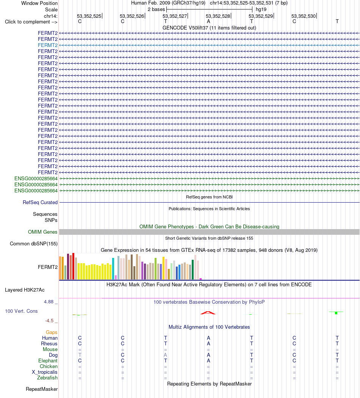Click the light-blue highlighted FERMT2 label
coord(48,45)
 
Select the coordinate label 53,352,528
coord(218,16)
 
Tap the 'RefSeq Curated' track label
coord(40,202)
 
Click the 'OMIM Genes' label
coord(43,232)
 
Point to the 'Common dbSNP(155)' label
coord(34,243)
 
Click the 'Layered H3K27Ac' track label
coord(25,290)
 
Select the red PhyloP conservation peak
coord(208,313)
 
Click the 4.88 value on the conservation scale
coord(49,301)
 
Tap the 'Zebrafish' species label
coord(47,378)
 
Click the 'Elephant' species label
coord(48,361)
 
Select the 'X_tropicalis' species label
coord(45,372)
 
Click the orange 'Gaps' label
coord(52,332)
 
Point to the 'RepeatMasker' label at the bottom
coord(42,389)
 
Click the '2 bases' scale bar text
coord(156,9)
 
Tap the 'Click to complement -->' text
coord(31,22)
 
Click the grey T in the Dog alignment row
coord(80,355)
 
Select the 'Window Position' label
coord(39,3)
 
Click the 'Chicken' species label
coord(49,366)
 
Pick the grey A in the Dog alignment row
coord(165,355)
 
